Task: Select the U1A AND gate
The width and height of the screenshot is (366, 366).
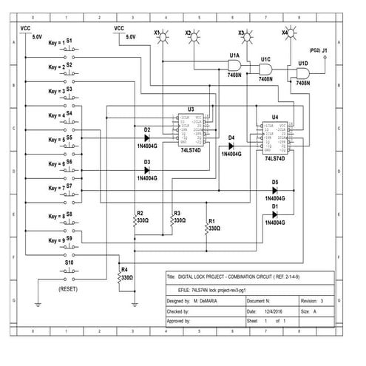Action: click(x=234, y=67)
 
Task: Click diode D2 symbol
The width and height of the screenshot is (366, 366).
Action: click(x=147, y=138)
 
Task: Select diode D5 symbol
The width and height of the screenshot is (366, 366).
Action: click(x=274, y=191)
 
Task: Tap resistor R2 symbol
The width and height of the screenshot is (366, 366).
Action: click(x=135, y=221)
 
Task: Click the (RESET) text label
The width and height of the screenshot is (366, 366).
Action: click(x=68, y=288)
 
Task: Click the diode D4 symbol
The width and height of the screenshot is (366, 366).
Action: click(x=231, y=146)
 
